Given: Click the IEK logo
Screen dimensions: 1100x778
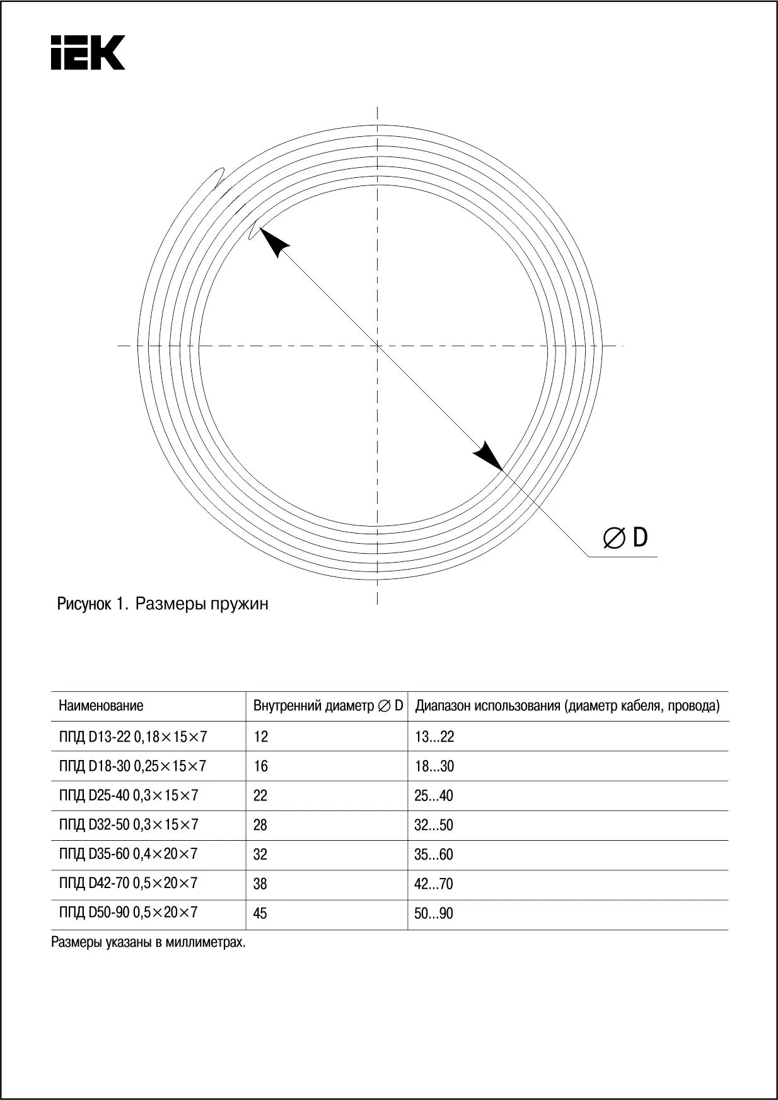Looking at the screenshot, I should tap(88, 52).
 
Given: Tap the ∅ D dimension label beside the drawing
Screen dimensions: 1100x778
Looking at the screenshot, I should tap(625, 537).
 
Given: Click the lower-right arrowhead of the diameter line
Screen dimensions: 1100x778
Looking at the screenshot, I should tap(488, 455).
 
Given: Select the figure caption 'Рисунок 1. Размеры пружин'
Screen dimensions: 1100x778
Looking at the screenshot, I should tap(163, 604).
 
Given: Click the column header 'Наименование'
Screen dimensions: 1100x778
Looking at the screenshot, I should tap(101, 706).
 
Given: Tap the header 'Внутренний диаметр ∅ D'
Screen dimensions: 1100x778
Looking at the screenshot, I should tap(328, 706).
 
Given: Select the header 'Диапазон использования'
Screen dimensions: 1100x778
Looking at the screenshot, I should tap(567, 706).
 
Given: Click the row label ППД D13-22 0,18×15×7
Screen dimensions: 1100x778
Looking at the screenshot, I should tap(133, 736).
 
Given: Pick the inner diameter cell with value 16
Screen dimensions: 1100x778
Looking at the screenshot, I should tap(260, 766).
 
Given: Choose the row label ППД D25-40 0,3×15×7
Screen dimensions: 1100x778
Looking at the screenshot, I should tap(129, 795).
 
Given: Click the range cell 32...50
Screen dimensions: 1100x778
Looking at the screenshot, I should tap(434, 825).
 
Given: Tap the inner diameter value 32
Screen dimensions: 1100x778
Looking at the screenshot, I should tap(260, 855).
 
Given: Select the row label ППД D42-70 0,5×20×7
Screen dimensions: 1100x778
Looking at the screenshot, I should tap(128, 883).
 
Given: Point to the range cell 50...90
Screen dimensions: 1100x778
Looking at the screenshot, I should tap(434, 913).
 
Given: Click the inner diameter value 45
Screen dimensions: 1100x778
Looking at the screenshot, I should tap(260, 913).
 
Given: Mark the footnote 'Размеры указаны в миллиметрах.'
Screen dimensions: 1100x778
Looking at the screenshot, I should tap(148, 943).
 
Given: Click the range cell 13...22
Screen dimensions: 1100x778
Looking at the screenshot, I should tap(434, 737).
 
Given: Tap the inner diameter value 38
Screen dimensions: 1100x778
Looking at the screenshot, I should tap(260, 884).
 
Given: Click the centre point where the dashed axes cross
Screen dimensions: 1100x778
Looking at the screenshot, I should tap(377, 345).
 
